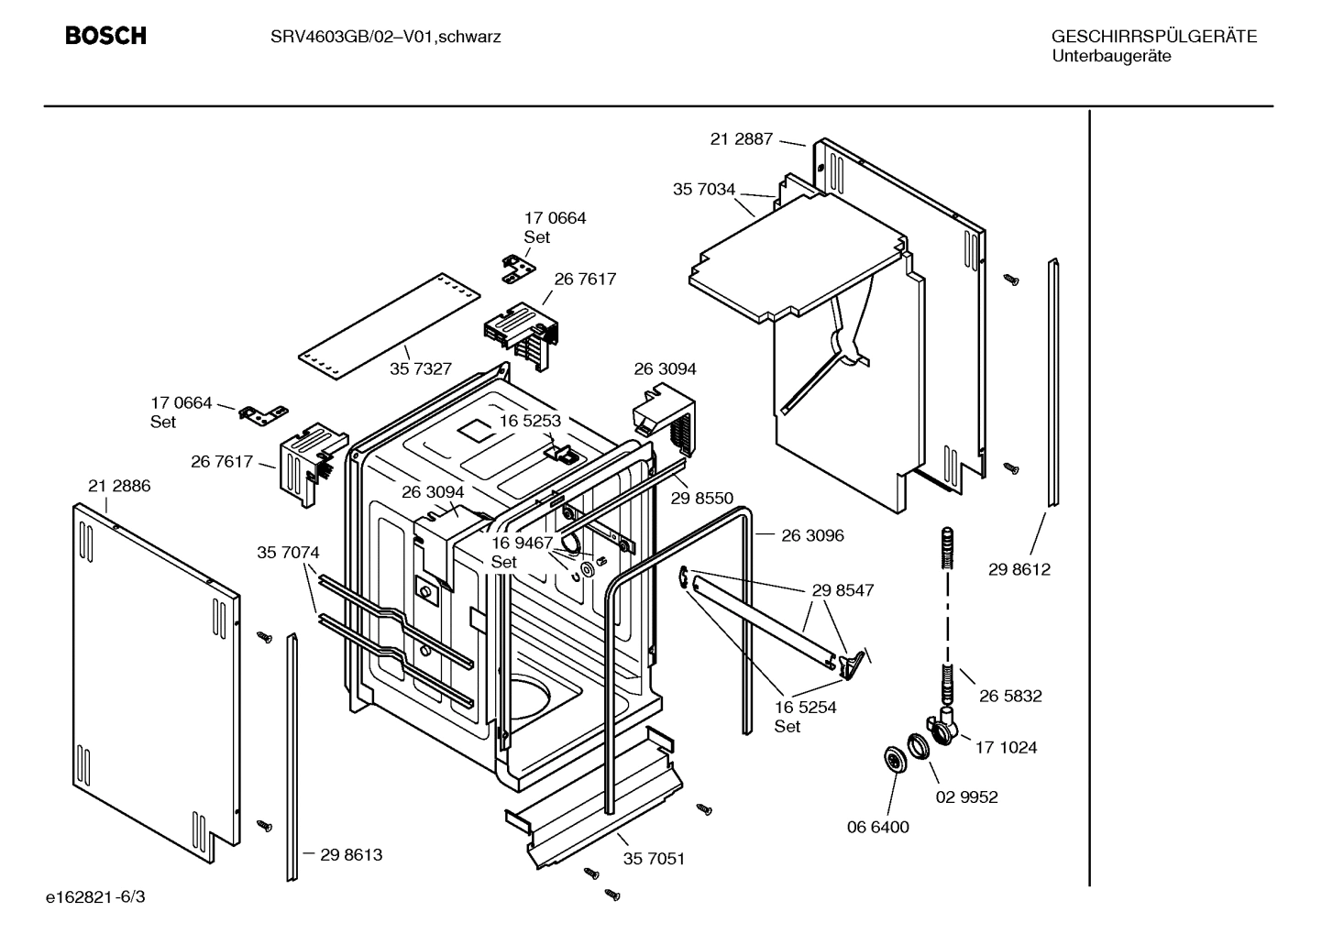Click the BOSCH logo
coord(105,36)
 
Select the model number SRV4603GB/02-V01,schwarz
coord(385,37)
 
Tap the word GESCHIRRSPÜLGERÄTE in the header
coord(1153,37)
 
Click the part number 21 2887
coord(741,139)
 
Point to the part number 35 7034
coord(704,190)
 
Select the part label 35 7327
coord(421,368)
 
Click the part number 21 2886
coord(119,486)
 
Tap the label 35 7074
coord(288,553)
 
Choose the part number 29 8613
coord(351,854)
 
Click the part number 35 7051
coord(654,859)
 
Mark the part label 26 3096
coord(812,535)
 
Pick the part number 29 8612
coord(1019,569)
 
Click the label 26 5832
coord(1010,696)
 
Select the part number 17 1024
coord(1006,747)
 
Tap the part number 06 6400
coord(877,827)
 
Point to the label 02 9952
coord(966,797)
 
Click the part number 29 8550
coord(701,498)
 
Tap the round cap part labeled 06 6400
coord(892,760)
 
